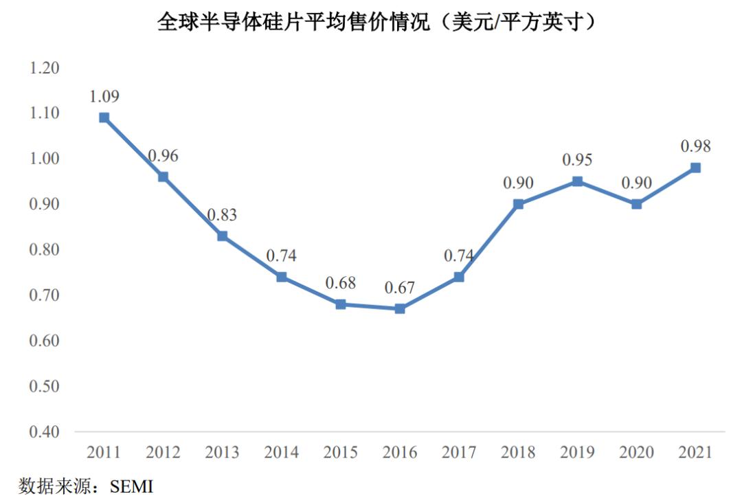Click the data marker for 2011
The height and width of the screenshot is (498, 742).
coord(104,117)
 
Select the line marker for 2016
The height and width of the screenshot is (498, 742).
coord(400,308)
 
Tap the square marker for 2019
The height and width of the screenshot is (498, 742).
coord(577,181)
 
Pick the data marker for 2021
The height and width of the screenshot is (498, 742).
coord(695,168)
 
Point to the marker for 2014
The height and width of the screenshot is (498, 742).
coord(282,277)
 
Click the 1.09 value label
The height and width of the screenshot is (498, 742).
coord(104,96)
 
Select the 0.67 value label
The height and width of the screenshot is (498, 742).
coord(400,288)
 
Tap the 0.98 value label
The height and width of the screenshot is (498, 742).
coord(695,146)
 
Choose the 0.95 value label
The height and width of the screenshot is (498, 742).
coord(577,160)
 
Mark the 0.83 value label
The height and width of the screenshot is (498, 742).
coord(222,215)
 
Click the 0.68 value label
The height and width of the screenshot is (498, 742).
coord(341,283)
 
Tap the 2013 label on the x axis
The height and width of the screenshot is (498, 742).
coord(222,453)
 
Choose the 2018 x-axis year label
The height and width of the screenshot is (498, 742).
coord(518,453)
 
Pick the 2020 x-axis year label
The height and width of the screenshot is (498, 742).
coord(636,453)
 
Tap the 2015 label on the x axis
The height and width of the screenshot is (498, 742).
coord(341,453)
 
